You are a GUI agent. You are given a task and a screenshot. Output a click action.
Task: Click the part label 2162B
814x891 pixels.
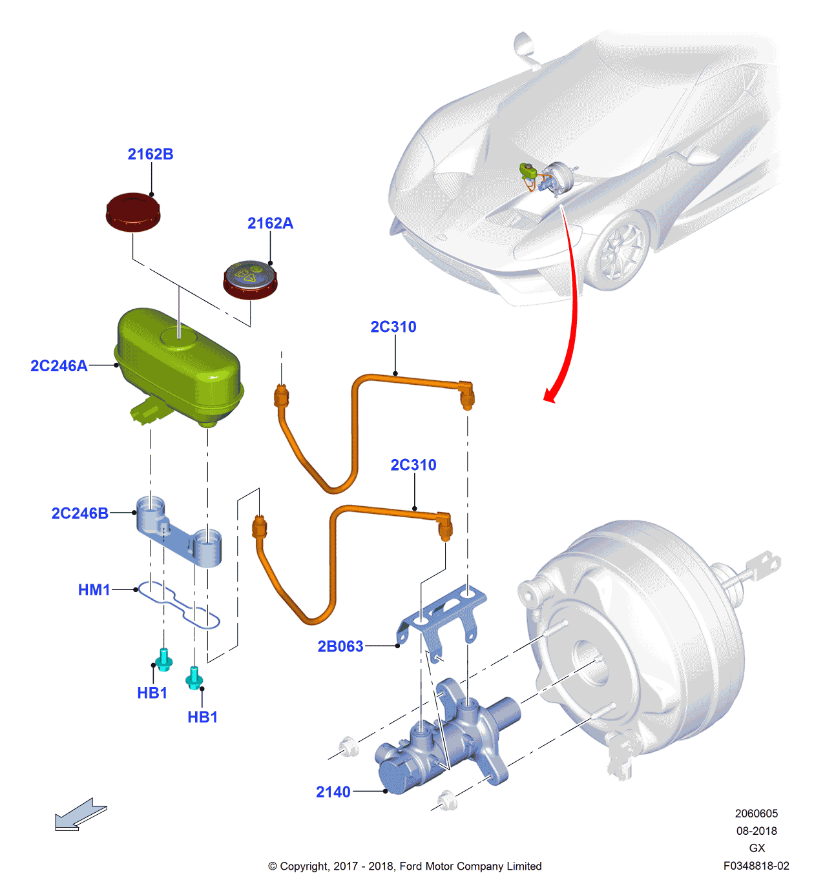pyautogui.click(x=151, y=154)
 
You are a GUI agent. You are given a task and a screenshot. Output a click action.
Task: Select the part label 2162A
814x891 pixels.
pyautogui.click(x=270, y=223)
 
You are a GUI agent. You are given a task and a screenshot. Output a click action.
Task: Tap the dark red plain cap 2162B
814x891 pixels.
pyautogui.click(x=133, y=211)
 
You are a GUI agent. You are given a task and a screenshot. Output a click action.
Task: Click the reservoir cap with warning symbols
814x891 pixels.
pyautogui.click(x=250, y=280)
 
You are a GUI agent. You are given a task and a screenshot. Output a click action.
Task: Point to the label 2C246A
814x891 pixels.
pyautogui.click(x=59, y=366)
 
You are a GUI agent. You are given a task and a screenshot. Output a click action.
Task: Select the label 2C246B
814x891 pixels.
pyautogui.click(x=79, y=513)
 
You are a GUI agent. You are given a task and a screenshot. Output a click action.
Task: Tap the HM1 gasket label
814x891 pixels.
pyautogui.click(x=94, y=590)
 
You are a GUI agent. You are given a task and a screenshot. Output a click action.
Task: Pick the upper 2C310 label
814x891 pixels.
pyautogui.click(x=393, y=327)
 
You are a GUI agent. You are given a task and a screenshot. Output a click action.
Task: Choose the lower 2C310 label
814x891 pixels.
pyautogui.click(x=413, y=466)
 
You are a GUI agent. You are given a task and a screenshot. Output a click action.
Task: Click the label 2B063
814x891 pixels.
pyautogui.click(x=340, y=646)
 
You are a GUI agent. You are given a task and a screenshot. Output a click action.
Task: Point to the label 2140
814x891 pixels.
pyautogui.click(x=333, y=792)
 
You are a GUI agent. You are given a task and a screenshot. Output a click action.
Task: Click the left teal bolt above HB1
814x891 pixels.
pyautogui.click(x=164, y=659)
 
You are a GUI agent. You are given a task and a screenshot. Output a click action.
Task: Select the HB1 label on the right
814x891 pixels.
pyautogui.click(x=202, y=717)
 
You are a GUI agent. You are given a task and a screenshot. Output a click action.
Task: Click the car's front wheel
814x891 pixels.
pyautogui.click(x=621, y=252)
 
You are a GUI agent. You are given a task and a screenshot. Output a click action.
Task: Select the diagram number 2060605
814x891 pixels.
pyautogui.click(x=756, y=814)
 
